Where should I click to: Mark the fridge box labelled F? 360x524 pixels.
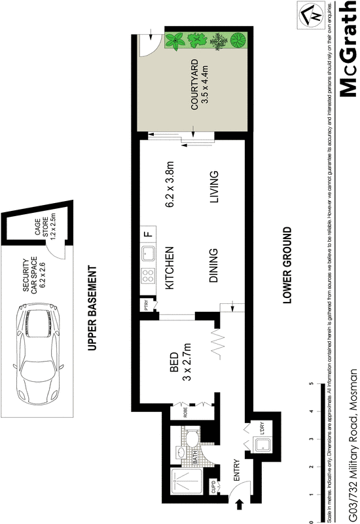click(148, 234)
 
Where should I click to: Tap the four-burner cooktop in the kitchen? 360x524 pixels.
click(148, 276)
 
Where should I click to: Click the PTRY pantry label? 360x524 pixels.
click(147, 305)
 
